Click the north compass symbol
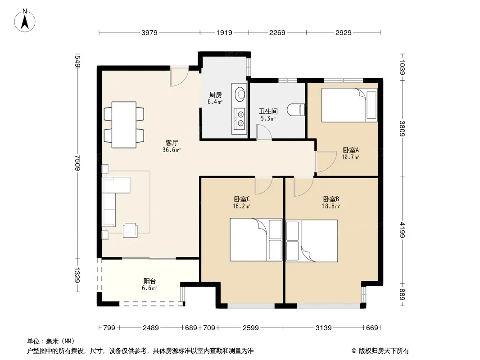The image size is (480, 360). [25, 21]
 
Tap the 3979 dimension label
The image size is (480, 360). [149, 32]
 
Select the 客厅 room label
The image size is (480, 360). [172, 143]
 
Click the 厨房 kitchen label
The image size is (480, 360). [216, 95]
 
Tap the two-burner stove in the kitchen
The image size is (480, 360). [239, 119]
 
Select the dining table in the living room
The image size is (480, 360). [124, 125]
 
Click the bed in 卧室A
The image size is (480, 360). [349, 105]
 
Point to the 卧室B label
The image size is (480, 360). [331, 199]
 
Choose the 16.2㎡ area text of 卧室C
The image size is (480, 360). [241, 207]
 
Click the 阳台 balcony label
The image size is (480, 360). [149, 281]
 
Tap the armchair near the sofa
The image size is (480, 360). [130, 230]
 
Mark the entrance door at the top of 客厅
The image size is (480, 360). [179, 76]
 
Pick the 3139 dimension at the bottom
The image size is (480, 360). [324, 328]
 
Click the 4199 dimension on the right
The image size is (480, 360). [402, 229]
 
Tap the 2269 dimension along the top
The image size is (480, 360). [277, 32]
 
